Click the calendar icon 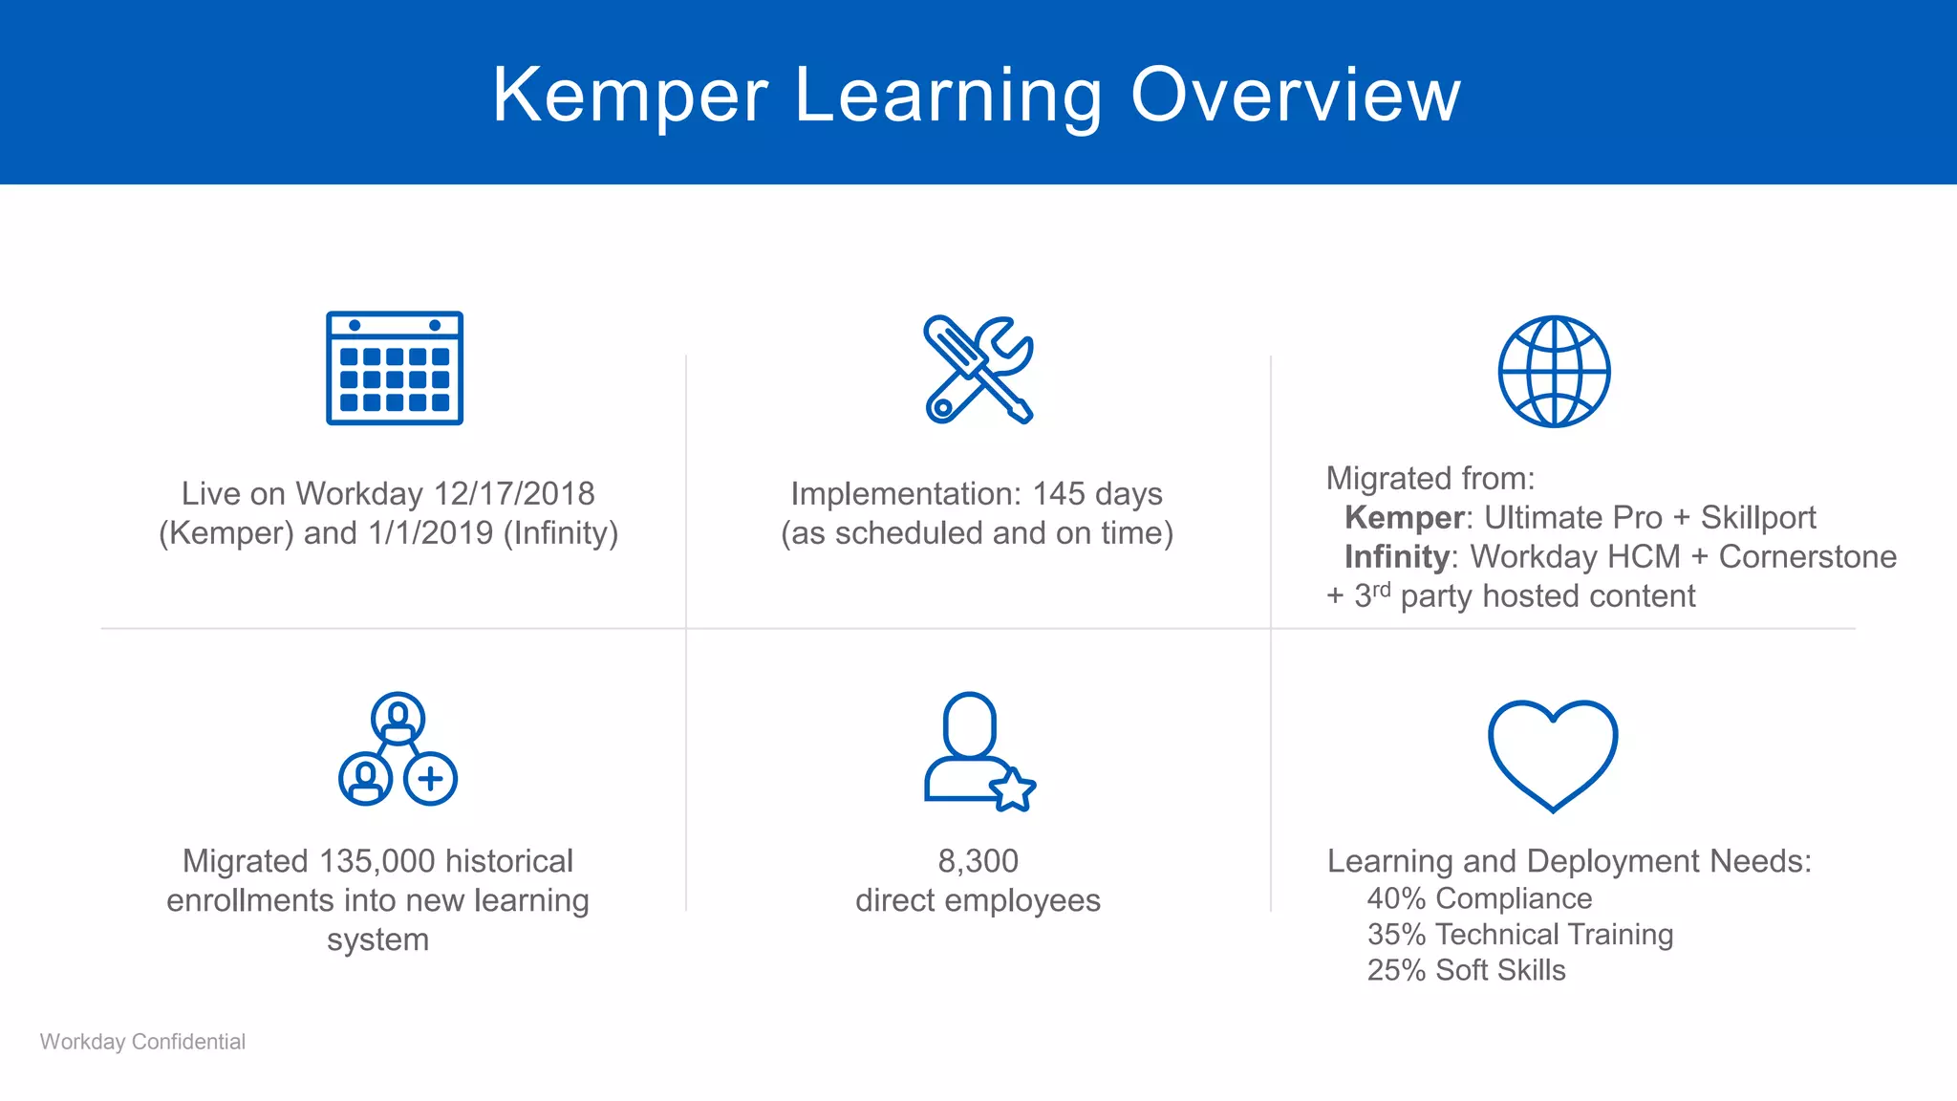pyautogui.click(x=394, y=368)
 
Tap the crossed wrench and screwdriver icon pyautogui.click(x=978, y=370)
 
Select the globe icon pyautogui.click(x=1554, y=372)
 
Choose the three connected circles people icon pyautogui.click(x=398, y=749)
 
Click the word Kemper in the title pyautogui.click(x=631, y=96)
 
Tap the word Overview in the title pyautogui.click(x=1296, y=96)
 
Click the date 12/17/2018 pyautogui.click(x=514, y=494)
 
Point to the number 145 pyautogui.click(x=1059, y=494)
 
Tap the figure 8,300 pyautogui.click(x=978, y=861)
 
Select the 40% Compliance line pyautogui.click(x=1479, y=898)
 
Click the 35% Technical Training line pyautogui.click(x=1519, y=935)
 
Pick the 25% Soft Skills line pyautogui.click(x=1466, y=970)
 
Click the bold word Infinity pyautogui.click(x=1396, y=557)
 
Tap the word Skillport pyautogui.click(x=1757, y=518)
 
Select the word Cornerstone pyautogui.click(x=1807, y=557)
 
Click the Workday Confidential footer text pyautogui.click(x=142, y=1042)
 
